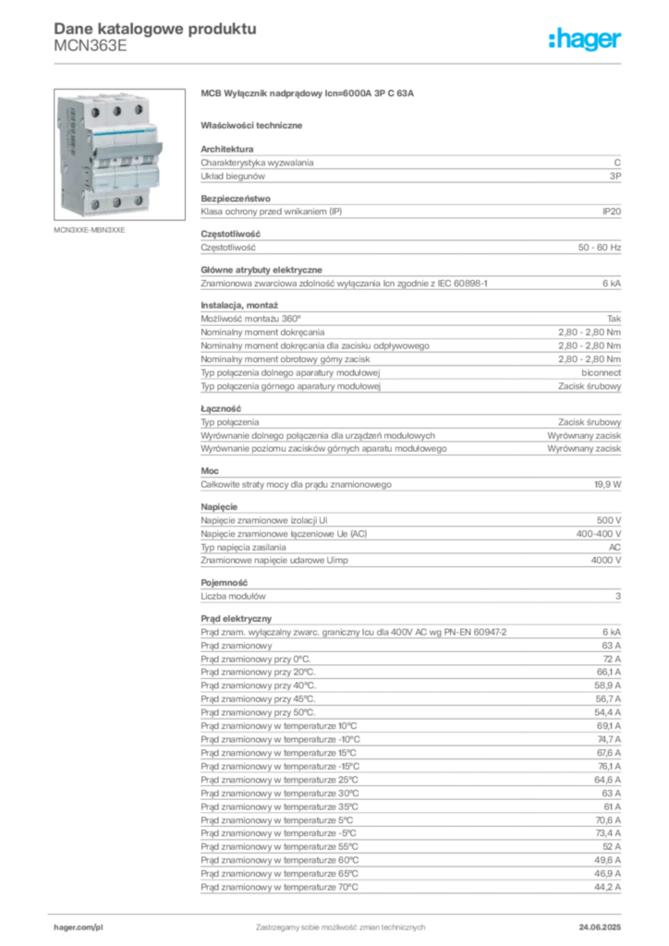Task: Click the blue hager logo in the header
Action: [x=586, y=40]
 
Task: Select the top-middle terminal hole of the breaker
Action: [x=117, y=109]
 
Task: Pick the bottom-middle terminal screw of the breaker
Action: [x=117, y=200]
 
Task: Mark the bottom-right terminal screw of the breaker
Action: [x=138, y=200]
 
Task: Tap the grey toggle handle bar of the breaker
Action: [x=120, y=148]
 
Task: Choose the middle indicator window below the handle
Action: [x=118, y=162]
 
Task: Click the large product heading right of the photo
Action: [x=310, y=94]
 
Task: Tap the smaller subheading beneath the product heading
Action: [x=255, y=125]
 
